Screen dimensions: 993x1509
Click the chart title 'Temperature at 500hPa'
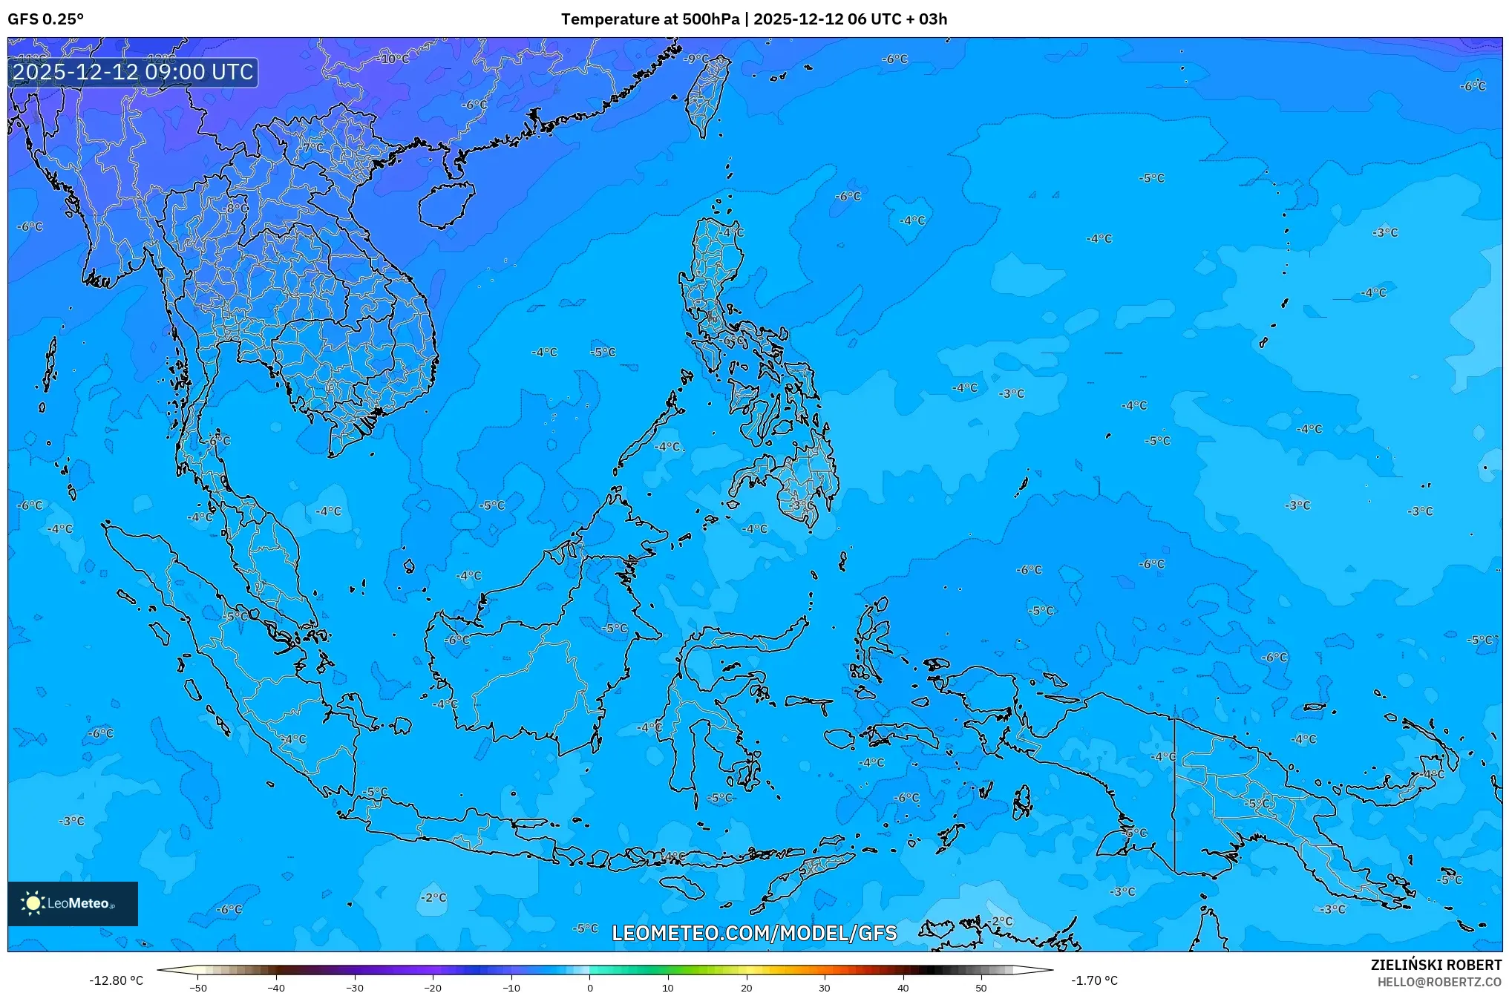point(649,19)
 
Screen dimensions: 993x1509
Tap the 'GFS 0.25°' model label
point(46,19)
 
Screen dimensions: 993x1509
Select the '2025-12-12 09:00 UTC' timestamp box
point(133,72)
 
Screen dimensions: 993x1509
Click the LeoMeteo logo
point(73,903)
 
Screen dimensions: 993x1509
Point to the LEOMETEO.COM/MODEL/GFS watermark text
point(754,933)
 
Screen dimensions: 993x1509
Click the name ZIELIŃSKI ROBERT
point(1436,965)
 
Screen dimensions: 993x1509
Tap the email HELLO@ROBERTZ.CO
point(1439,982)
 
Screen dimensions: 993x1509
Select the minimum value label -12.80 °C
point(116,980)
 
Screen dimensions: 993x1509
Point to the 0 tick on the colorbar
point(590,987)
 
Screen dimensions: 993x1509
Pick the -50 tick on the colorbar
point(197,987)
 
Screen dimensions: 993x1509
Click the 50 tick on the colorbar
point(981,987)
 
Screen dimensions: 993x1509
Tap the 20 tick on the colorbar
point(746,987)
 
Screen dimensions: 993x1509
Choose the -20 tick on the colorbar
point(433,987)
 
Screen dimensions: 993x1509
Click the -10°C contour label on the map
point(393,59)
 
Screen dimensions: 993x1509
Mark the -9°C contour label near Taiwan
point(696,59)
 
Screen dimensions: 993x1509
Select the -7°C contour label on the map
point(312,148)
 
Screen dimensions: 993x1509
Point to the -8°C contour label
point(237,209)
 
